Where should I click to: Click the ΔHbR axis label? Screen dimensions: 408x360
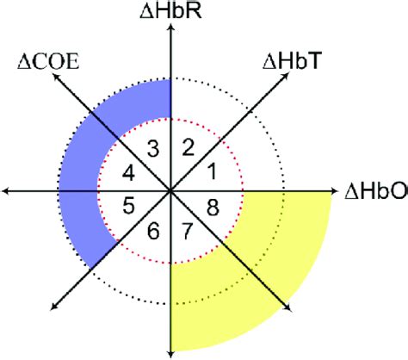170,11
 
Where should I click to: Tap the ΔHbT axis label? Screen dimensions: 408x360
291,61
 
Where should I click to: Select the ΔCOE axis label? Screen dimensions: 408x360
48,61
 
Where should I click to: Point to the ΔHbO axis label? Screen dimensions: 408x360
376,191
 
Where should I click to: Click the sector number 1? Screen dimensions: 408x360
212,171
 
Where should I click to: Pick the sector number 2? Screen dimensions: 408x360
189,147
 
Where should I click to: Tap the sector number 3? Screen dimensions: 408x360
153,149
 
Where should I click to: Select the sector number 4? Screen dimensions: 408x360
128,173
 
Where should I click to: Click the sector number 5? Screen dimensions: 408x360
128,205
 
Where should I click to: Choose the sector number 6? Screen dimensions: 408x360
153,231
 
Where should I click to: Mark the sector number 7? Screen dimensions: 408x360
187,231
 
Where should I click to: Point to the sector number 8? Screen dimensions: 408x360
213,207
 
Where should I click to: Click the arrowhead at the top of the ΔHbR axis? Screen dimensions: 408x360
171,28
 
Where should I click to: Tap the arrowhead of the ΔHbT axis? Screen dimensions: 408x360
286,76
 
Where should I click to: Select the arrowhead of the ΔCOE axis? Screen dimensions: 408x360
55,76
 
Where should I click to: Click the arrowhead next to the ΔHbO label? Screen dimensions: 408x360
334,190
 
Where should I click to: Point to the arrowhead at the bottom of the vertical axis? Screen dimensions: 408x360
171,354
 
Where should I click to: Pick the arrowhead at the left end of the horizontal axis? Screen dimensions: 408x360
5,190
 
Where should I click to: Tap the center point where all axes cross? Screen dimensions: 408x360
170,190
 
